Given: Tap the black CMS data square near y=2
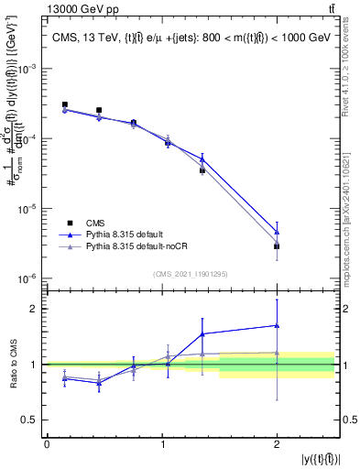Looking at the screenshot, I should [277, 246].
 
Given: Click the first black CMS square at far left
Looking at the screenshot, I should [64, 105].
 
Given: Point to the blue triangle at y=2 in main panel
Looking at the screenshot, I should [277, 232].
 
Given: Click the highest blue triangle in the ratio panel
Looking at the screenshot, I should [277, 325].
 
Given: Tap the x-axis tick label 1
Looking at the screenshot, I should [161, 444].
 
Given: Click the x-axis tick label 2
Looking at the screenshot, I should [277, 444].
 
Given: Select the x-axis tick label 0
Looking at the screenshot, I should [47, 444].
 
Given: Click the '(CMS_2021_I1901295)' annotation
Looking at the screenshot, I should [191, 274].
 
